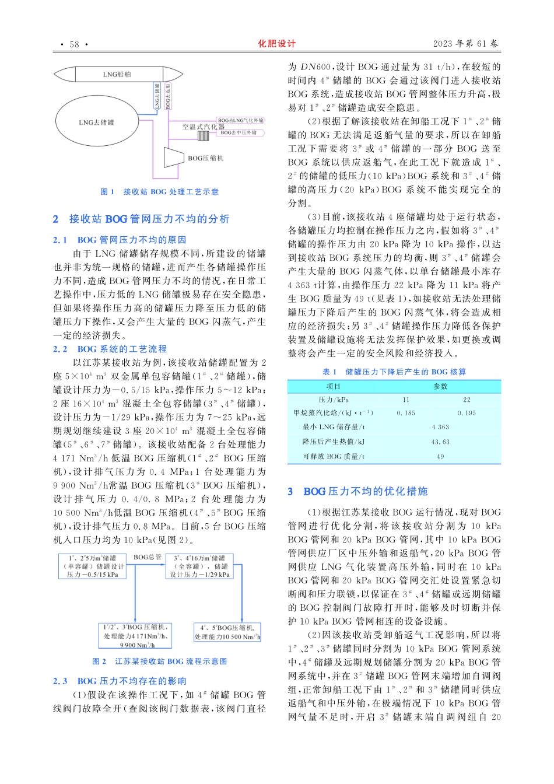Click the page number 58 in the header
click(x=74, y=44)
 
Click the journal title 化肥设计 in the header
click(x=277, y=44)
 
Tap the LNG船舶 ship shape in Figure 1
click(x=117, y=75)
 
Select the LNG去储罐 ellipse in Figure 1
click(x=96, y=123)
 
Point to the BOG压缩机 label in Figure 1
click(x=205, y=158)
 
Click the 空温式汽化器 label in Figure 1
click(x=203, y=127)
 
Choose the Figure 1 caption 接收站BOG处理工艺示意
click(x=160, y=192)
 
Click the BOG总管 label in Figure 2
click(x=148, y=557)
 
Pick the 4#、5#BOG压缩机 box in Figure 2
click(x=227, y=632)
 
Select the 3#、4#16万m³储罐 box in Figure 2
click(x=199, y=566)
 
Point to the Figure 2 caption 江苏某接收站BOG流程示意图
click(x=160, y=661)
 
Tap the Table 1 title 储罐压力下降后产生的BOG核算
click(x=394, y=372)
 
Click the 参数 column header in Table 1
click(x=440, y=386)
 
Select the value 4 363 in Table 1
click(x=440, y=427)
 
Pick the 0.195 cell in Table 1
click(x=467, y=413)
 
